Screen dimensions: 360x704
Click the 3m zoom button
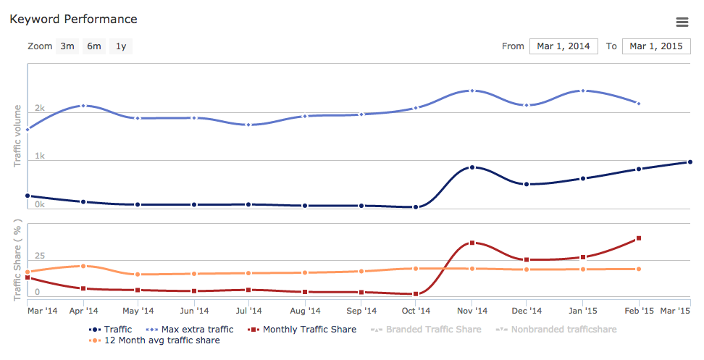67,46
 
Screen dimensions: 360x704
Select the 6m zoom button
94,46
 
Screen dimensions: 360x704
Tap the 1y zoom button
121,46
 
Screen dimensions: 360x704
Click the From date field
563,46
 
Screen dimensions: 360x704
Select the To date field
656,46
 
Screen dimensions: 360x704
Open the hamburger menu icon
682,22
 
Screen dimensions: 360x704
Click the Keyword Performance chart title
73,19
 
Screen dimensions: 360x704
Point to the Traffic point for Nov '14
472,167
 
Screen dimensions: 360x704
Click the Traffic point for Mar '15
690,162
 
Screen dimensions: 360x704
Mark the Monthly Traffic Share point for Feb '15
638,238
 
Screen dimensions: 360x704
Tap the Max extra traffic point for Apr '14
83,106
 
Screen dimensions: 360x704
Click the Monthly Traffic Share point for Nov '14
472,243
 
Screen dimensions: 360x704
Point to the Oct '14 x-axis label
416,311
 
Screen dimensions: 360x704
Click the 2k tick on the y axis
40,109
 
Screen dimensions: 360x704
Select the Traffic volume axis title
18,136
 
